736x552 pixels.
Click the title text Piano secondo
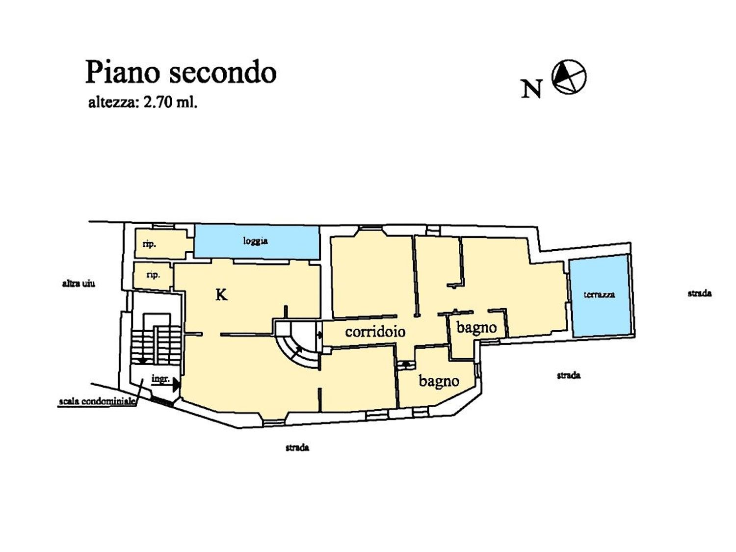tap(181, 73)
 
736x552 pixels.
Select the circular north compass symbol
tap(569, 77)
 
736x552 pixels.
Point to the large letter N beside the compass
tap(531, 89)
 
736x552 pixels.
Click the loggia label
tap(255, 241)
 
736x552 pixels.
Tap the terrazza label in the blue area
tap(599, 294)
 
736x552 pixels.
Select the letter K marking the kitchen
tap(221, 295)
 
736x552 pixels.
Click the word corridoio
tap(375, 332)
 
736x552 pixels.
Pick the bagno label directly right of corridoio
tap(476, 327)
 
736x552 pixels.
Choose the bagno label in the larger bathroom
tap(439, 381)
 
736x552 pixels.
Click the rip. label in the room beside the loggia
tap(149, 244)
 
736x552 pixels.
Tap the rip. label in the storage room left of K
tap(153, 275)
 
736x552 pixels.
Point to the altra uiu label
tap(79, 284)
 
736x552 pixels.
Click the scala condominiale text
tap(97, 401)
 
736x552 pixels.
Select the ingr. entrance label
tap(160, 379)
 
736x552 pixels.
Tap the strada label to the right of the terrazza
tap(699, 293)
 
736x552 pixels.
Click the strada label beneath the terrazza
tap(568, 375)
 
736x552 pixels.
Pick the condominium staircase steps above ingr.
tap(156, 339)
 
